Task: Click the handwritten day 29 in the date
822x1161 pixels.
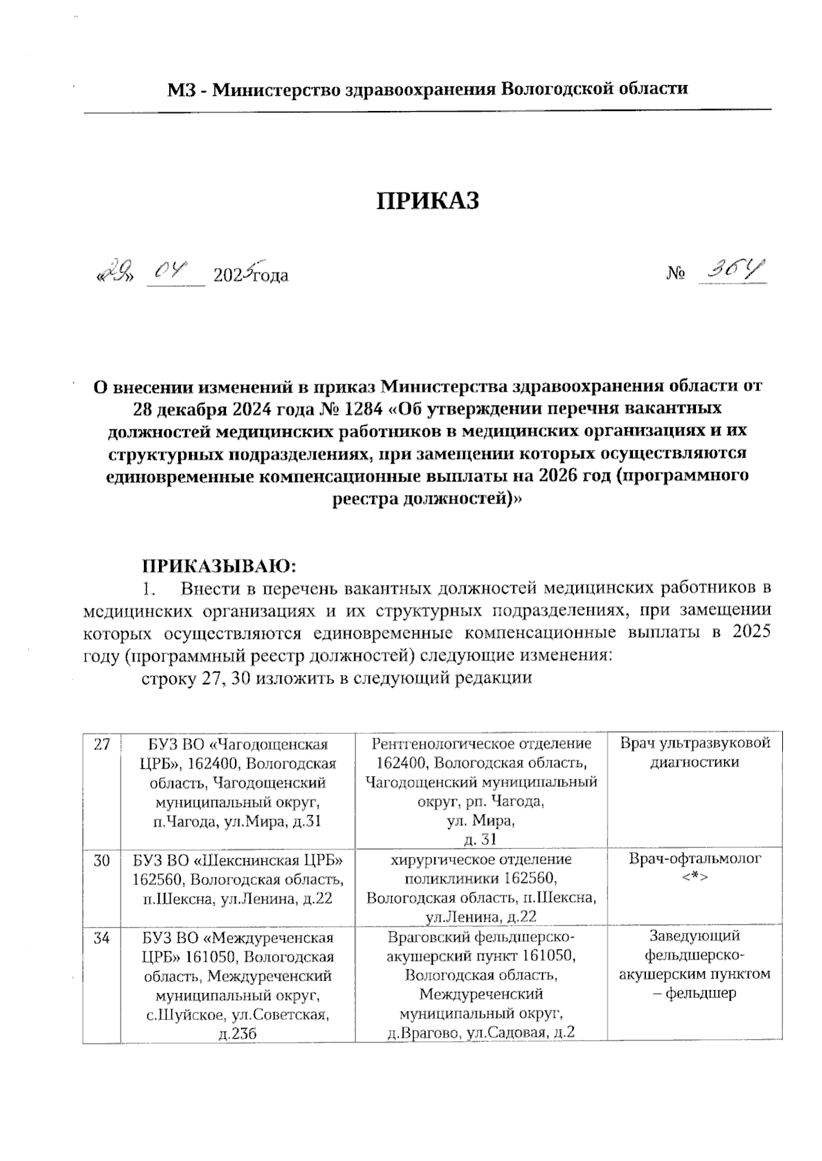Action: pos(117,273)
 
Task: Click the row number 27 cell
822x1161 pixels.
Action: pos(101,745)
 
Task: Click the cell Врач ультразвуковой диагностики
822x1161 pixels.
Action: pos(695,753)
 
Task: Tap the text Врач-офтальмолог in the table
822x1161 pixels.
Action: pos(695,859)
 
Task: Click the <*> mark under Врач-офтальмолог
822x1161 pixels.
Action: pos(695,877)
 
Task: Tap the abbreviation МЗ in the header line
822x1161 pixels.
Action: pos(183,89)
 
